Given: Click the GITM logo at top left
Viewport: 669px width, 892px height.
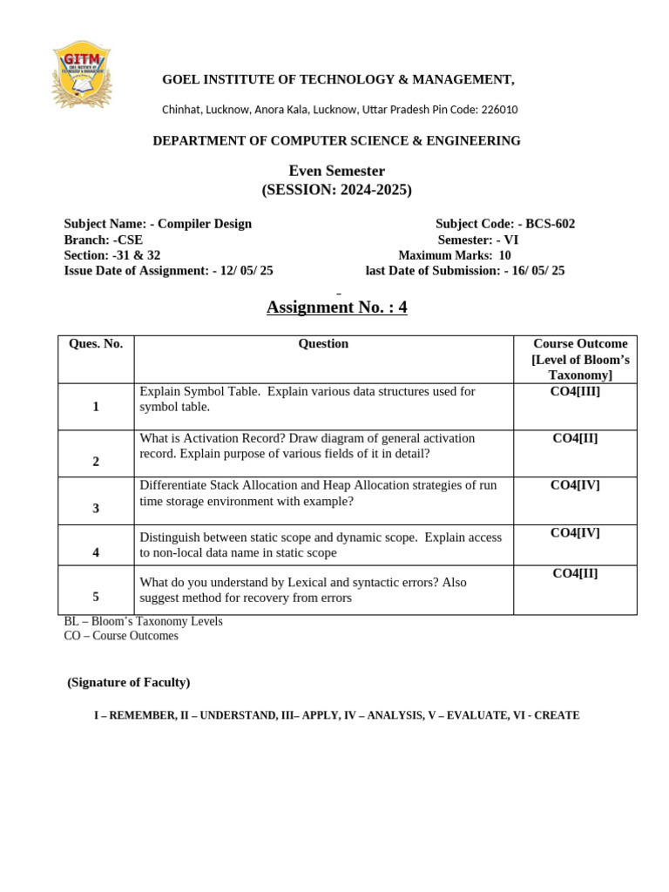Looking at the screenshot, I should pos(81,74).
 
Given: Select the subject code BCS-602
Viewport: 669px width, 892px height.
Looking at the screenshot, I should pos(550,224).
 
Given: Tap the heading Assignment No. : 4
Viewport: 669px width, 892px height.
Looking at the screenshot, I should pos(336,307).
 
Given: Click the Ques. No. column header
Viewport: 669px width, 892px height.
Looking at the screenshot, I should pos(96,344).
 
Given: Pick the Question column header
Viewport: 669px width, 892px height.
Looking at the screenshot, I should pos(323,344).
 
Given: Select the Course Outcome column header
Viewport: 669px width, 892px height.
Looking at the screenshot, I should pos(575,359).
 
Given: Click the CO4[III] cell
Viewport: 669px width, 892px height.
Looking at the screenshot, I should pos(575,392).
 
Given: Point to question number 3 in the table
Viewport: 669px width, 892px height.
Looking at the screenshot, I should pos(96,508).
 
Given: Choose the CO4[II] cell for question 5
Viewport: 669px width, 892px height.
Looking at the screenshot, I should pos(575,573).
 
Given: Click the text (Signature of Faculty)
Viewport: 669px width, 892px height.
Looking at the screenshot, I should pos(129,682).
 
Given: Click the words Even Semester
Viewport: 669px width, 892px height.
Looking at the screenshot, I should pos(336,172).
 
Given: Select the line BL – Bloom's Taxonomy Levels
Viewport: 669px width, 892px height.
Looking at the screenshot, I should pos(144,622).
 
